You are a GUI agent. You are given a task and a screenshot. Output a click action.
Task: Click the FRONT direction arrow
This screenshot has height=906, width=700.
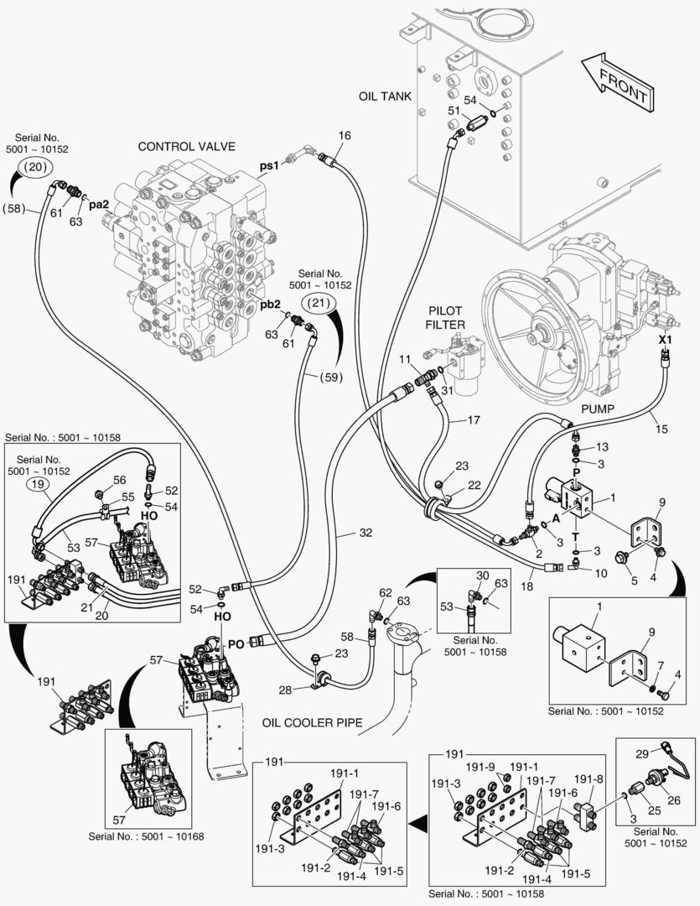[x=617, y=81]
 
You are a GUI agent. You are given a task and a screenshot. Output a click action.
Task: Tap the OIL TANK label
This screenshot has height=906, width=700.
[x=385, y=96]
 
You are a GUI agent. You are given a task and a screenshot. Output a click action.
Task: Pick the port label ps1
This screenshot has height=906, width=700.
[x=268, y=165]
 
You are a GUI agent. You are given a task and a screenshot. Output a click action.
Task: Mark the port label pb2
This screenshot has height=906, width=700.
[x=269, y=304]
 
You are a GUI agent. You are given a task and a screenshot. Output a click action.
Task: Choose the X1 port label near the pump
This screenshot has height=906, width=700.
[x=665, y=339]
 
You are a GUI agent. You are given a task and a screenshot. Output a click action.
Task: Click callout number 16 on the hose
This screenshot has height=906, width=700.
[x=345, y=136]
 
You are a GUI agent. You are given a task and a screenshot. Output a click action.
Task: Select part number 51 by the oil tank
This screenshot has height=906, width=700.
[x=454, y=110]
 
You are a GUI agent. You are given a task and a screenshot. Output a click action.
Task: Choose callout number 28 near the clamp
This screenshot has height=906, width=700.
[x=287, y=690]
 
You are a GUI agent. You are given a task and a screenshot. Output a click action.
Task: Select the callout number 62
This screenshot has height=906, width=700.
[x=385, y=593]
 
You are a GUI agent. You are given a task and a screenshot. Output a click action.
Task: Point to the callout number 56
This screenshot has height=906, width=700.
[x=119, y=480]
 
